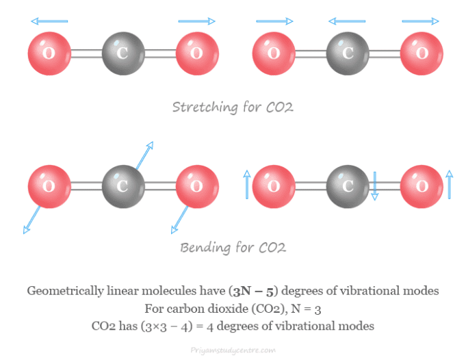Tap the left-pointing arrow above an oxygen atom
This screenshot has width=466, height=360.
(49, 21)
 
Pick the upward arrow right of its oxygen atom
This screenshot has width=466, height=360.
(449, 185)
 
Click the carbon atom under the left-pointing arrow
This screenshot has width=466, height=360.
(347, 52)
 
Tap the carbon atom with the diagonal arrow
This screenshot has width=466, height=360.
(123, 185)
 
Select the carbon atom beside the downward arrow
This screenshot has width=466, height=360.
(347, 185)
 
